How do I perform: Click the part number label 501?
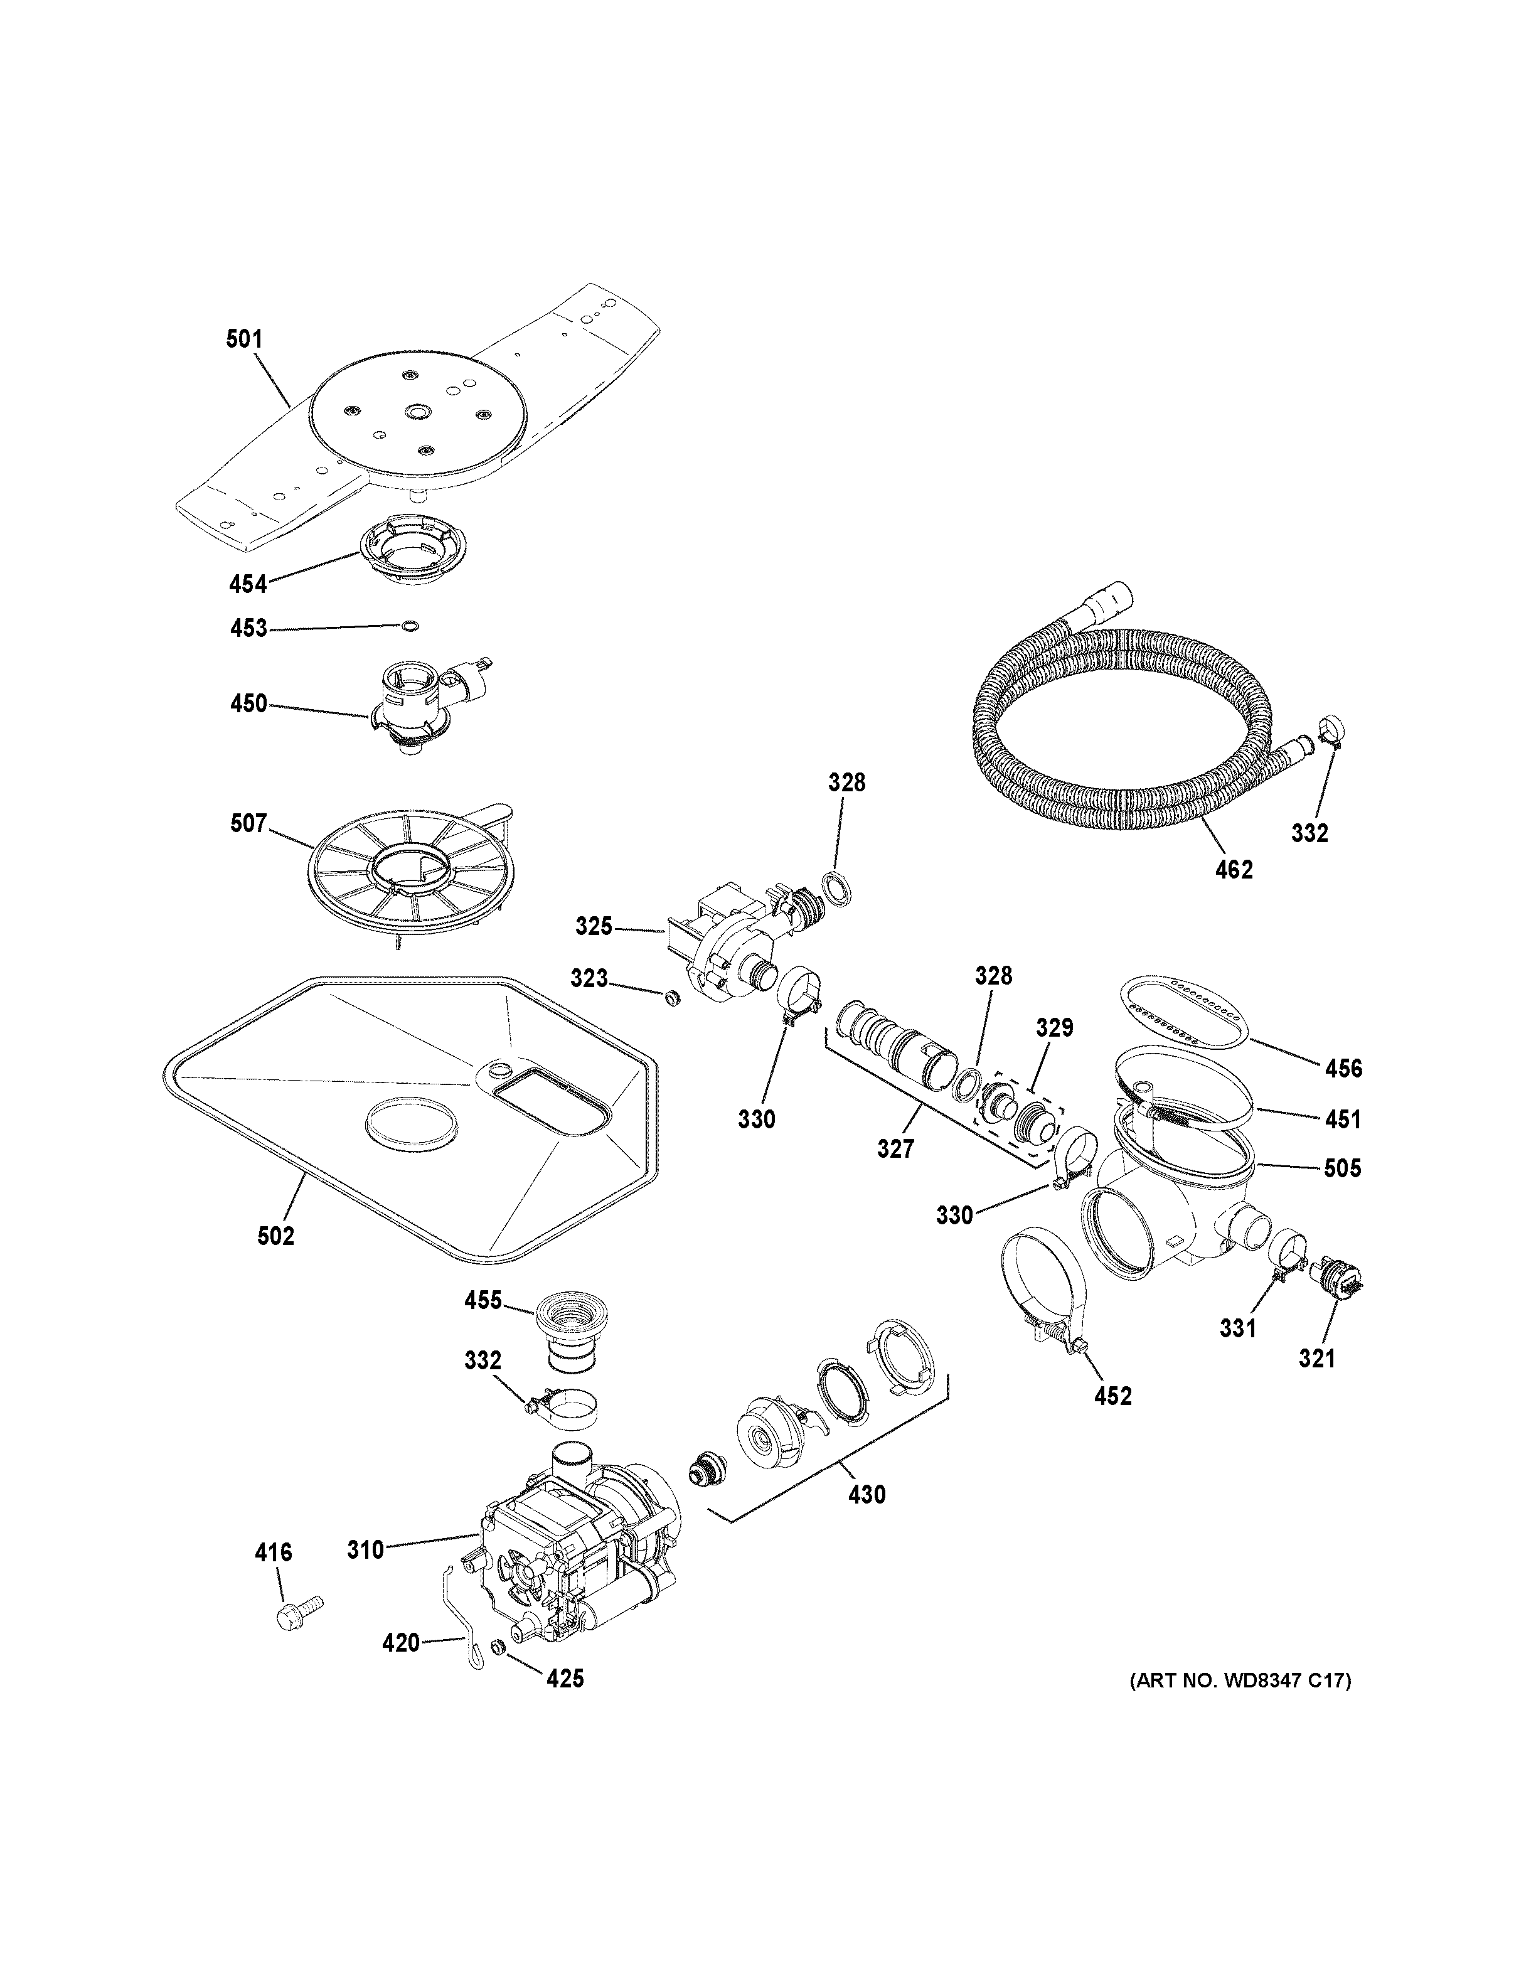(x=244, y=339)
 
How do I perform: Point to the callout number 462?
(x=1234, y=870)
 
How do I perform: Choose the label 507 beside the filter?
(x=248, y=824)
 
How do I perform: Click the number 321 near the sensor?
(x=1316, y=1384)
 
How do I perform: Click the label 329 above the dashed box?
(x=1055, y=1028)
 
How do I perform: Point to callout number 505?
(x=1342, y=1168)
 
